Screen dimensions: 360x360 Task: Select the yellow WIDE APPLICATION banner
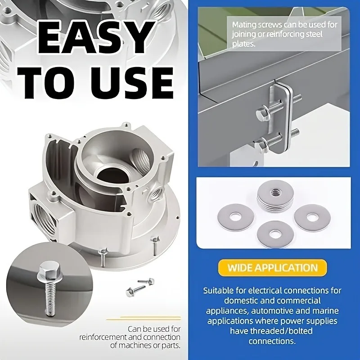tap(272, 268)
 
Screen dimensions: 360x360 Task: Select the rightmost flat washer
tap(312, 217)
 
